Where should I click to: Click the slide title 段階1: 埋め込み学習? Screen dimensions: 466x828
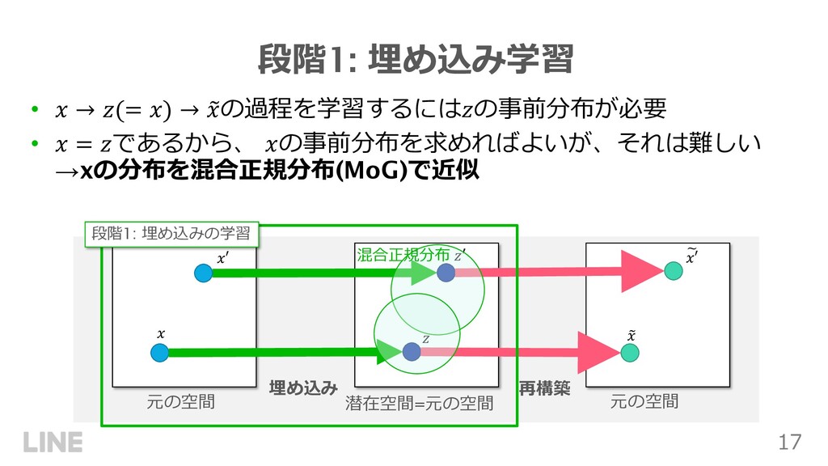pyautogui.click(x=414, y=58)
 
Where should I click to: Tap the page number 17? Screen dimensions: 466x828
pyautogui.click(x=790, y=442)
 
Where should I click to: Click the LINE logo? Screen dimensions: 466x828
pyautogui.click(x=53, y=443)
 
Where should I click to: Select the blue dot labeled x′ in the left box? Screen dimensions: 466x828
pyautogui.click(x=203, y=273)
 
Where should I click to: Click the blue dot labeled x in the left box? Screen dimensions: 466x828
pyautogui.click(x=158, y=353)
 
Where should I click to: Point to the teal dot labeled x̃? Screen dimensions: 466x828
pyautogui.click(x=631, y=353)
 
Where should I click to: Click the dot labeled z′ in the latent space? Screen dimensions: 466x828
pyautogui.click(x=446, y=273)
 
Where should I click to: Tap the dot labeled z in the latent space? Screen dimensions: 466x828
pyautogui.click(x=411, y=351)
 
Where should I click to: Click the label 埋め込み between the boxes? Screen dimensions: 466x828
pyautogui.click(x=302, y=388)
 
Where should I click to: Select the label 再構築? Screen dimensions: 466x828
pyautogui.click(x=544, y=388)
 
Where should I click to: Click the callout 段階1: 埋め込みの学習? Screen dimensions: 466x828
pyautogui.click(x=172, y=234)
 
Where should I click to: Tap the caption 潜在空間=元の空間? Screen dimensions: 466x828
pyautogui.click(x=419, y=402)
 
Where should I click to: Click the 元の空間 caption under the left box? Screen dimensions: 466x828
pyautogui.click(x=180, y=400)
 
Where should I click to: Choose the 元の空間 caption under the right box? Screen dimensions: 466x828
pyautogui.click(x=644, y=400)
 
